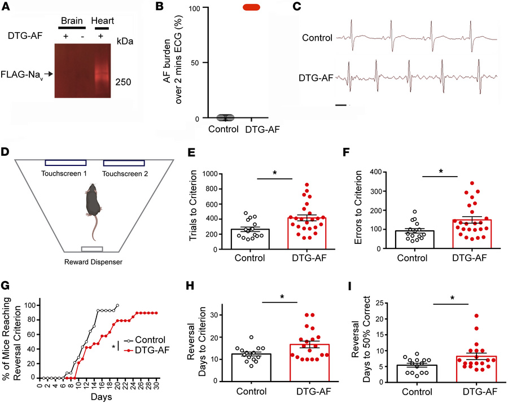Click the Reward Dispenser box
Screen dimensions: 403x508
(92, 249)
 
